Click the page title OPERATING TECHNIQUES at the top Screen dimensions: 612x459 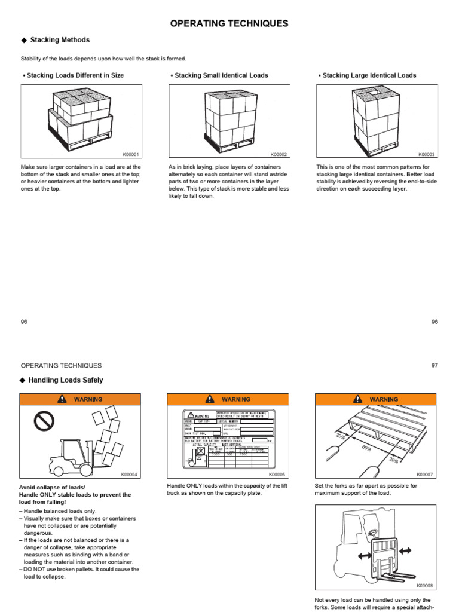[x=229, y=23]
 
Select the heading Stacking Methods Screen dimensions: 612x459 [x=60, y=40]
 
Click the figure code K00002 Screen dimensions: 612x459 [x=279, y=154]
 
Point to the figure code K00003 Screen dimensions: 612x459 [x=427, y=154]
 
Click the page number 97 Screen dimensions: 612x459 [x=434, y=365]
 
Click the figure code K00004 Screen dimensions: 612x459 [x=130, y=475]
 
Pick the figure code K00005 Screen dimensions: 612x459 [x=279, y=475]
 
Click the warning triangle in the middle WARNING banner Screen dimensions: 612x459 [x=210, y=399]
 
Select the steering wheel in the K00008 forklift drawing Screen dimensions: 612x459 [x=372, y=531]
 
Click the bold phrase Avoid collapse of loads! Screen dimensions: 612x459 [x=53, y=487]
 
